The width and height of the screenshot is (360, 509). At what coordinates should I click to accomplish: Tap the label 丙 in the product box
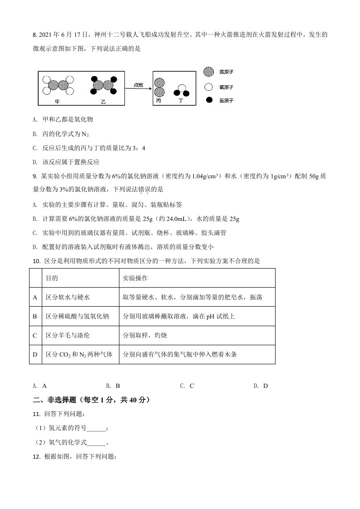[158, 101]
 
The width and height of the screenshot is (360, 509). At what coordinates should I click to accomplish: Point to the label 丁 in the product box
[181, 101]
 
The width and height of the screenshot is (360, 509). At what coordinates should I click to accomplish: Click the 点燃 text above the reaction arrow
[138, 85]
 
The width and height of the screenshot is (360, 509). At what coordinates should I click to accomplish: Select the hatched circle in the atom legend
[209, 72]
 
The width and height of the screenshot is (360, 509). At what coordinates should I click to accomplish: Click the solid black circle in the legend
[209, 100]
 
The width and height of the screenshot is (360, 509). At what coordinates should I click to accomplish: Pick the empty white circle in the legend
[209, 86]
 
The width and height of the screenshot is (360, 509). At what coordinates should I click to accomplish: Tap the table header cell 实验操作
[135, 278]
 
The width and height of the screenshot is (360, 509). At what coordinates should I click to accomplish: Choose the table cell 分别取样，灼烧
[145, 335]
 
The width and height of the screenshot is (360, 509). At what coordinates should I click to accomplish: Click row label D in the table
[35, 354]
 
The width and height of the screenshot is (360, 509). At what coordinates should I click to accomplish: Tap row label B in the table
[35, 316]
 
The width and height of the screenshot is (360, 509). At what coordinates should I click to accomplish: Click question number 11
[36, 414]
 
